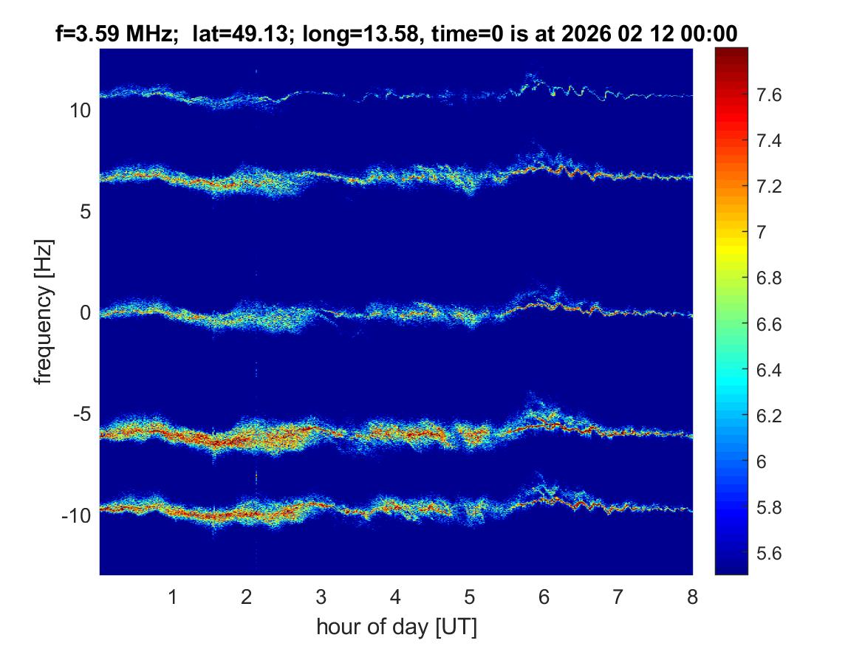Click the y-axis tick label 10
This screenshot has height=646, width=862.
click(x=80, y=111)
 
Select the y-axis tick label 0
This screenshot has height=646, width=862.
click(x=85, y=313)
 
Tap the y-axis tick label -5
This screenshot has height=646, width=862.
click(x=81, y=414)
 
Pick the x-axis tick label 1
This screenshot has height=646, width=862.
click(x=173, y=597)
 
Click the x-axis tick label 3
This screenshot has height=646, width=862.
click(x=321, y=597)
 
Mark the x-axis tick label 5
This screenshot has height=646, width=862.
click(x=470, y=597)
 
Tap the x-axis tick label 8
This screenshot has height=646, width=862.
click(x=692, y=597)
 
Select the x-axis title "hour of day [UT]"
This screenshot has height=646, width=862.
click(x=396, y=628)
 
